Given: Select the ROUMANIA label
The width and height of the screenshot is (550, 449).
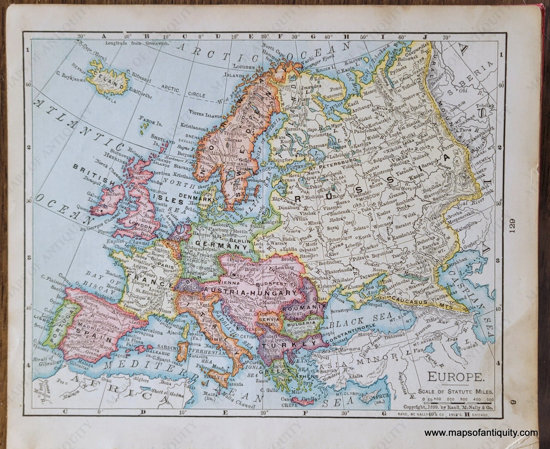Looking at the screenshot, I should tap(303, 309).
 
